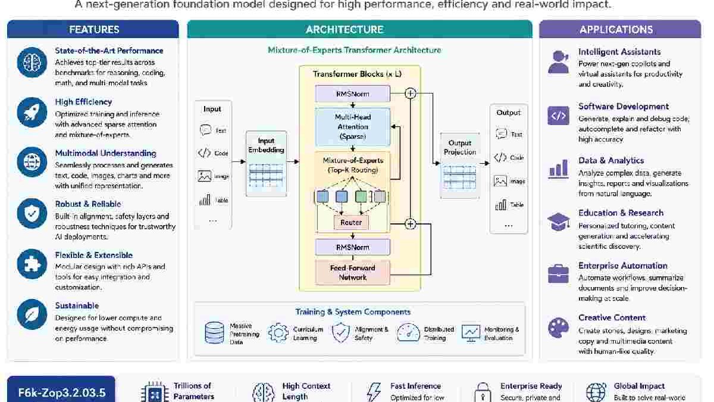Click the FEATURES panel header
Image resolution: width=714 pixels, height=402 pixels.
pyautogui.click(x=93, y=29)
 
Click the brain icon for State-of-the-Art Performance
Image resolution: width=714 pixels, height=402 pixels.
pyautogui.click(x=32, y=60)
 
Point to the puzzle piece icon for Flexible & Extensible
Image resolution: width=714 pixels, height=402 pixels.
pyautogui.click(x=32, y=264)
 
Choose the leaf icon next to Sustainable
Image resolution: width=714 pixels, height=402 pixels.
pyautogui.click(x=32, y=314)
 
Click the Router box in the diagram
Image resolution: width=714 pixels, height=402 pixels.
pyautogui.click(x=351, y=223)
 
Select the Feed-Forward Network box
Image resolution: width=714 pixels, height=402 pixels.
pyautogui.click(x=353, y=273)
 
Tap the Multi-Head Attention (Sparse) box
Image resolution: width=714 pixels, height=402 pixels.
pyautogui.click(x=353, y=127)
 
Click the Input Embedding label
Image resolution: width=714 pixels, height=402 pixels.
pyautogui.click(x=267, y=145)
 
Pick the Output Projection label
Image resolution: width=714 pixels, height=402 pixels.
pyautogui.click(x=459, y=147)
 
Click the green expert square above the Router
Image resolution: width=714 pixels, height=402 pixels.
pyautogui.click(x=361, y=196)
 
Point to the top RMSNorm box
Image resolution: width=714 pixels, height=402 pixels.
pyautogui.click(x=353, y=94)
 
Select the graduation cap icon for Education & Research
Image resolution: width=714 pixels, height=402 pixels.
pyautogui.click(x=558, y=222)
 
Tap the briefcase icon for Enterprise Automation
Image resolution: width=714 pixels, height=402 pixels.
pyautogui.click(x=558, y=274)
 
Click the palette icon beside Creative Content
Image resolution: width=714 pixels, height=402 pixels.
pyautogui.click(x=558, y=327)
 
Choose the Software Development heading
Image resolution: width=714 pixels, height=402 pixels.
pyautogui.click(x=624, y=107)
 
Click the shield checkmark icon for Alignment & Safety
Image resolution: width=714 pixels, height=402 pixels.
pyautogui.click(x=341, y=332)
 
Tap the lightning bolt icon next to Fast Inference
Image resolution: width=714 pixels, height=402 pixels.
pyautogui.click(x=374, y=392)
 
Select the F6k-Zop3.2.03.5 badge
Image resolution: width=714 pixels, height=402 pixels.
pyautogui.click(x=62, y=393)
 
